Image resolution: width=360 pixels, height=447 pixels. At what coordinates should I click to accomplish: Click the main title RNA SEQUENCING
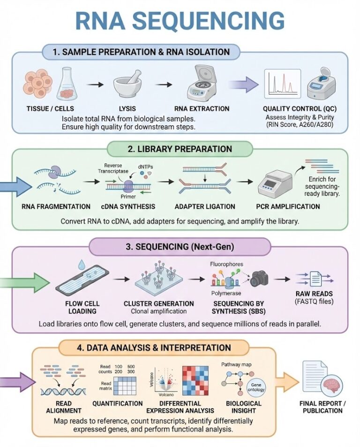click(x=180, y=21)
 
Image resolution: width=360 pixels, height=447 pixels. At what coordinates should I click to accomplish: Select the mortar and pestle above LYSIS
click(x=129, y=84)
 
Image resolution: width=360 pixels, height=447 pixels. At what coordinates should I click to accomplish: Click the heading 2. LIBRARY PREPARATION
click(x=180, y=149)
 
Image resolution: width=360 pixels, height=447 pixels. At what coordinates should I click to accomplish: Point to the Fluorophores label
click(x=227, y=264)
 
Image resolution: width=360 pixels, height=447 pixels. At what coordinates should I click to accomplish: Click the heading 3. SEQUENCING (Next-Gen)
click(x=180, y=246)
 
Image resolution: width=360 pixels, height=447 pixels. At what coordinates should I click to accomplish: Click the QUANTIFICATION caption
click(x=118, y=403)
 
